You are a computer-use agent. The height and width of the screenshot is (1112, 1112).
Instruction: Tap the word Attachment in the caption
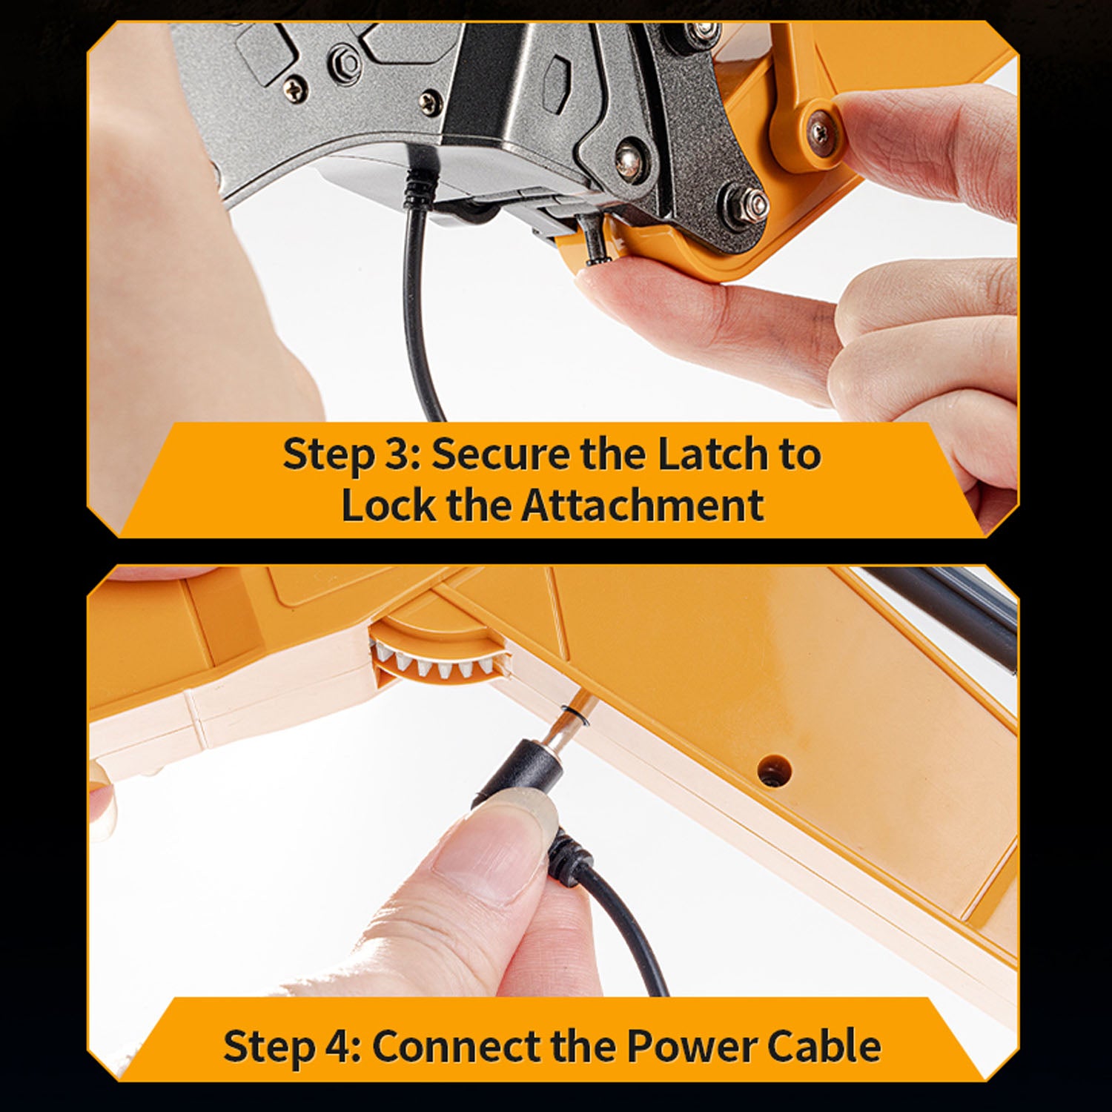click(642, 505)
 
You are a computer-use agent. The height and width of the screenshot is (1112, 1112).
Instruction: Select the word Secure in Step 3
click(500, 454)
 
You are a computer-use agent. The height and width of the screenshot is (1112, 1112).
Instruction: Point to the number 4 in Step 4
click(336, 1046)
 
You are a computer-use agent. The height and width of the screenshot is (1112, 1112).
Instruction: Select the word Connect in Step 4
click(454, 1046)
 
